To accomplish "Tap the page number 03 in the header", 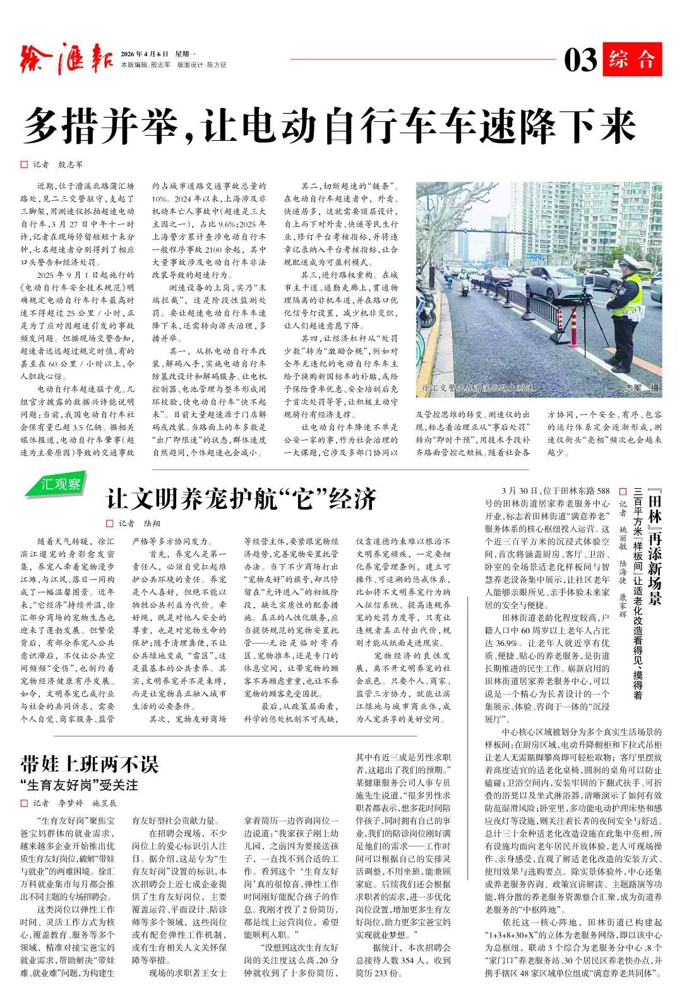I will pyautogui.click(x=580, y=60).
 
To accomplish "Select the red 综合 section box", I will pyautogui.click(x=631, y=59).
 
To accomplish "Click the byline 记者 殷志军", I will pyautogui.click(x=58, y=164).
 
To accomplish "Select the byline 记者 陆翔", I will pyautogui.click(x=140, y=523).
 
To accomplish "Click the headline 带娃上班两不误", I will pyautogui.click(x=89, y=764).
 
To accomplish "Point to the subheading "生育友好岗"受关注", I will pyautogui.click(x=79, y=785).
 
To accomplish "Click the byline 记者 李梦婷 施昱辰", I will pyautogui.click(x=75, y=803).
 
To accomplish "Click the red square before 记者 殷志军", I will pyautogui.click(x=24, y=164).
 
